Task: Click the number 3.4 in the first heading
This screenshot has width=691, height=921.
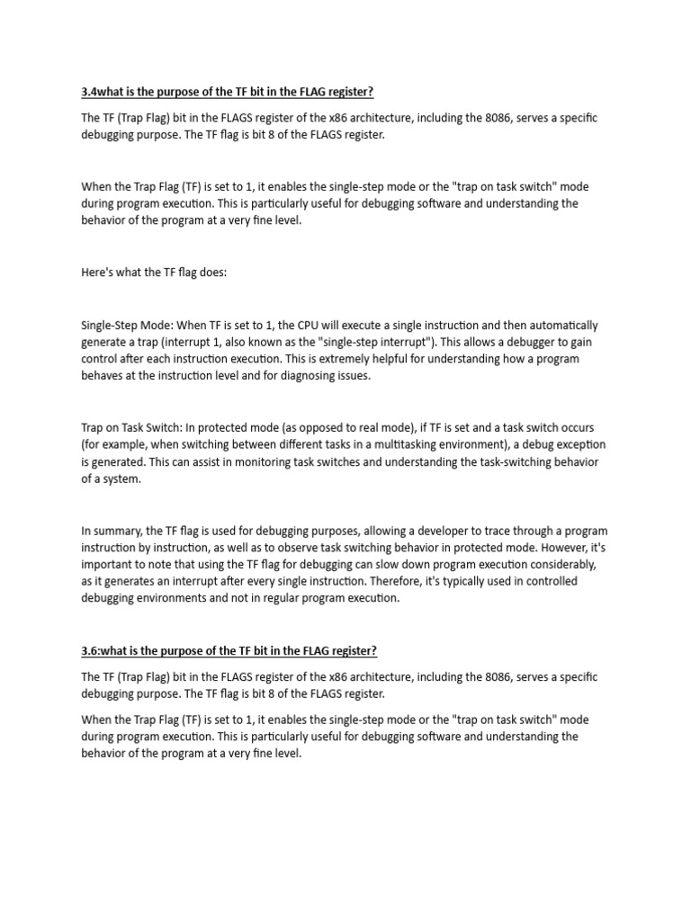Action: [x=91, y=93]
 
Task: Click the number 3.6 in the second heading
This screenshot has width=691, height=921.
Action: [x=91, y=650]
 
